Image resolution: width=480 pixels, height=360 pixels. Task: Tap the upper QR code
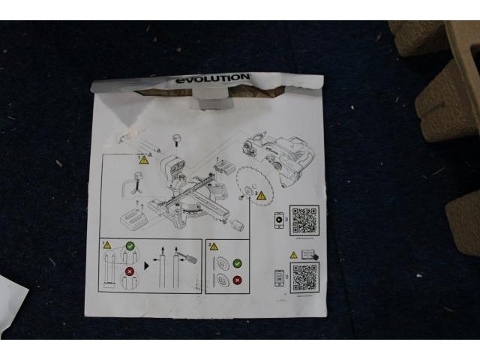pos(304,220)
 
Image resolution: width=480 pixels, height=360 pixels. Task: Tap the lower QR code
pos(304,277)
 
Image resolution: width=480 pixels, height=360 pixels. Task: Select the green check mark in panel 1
pos(130,244)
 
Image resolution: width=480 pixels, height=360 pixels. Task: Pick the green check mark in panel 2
pos(238,264)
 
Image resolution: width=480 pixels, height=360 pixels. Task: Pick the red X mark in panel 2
pos(238,280)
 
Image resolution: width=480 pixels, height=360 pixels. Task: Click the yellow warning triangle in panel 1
pos(106,245)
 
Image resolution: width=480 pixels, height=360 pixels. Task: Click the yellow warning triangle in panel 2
pos(214,246)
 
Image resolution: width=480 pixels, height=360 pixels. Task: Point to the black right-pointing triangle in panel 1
pos(147,264)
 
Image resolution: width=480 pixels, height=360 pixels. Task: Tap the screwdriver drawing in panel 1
pos(188,256)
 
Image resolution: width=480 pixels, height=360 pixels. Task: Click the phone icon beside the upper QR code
pos(279,220)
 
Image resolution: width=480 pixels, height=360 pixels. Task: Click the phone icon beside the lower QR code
pos(279,277)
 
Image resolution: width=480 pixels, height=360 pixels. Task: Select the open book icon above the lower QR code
pos(308,254)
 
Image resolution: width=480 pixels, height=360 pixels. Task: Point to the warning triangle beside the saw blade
pos(261,195)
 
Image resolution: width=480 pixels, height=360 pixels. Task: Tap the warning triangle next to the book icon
pos(294,255)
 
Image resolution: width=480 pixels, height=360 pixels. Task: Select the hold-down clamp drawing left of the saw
pos(136,183)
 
